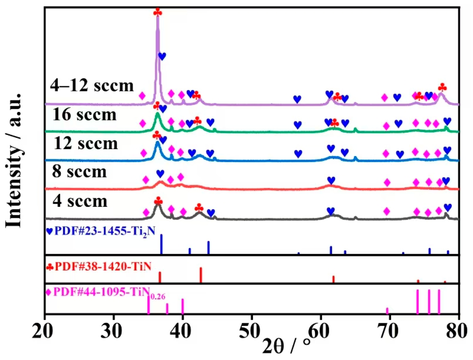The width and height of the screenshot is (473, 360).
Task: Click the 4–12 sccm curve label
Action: pyautogui.click(x=92, y=86)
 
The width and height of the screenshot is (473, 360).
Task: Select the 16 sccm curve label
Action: pyautogui.click(x=84, y=114)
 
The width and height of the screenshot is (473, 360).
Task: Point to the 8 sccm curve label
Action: pyautogui.click(x=79, y=172)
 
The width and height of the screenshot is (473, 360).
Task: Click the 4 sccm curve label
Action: pyautogui.click(x=80, y=201)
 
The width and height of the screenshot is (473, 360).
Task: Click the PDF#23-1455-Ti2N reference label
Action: pyautogui.click(x=101, y=231)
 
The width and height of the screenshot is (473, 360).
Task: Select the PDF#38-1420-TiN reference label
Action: pyautogui.click(x=99, y=266)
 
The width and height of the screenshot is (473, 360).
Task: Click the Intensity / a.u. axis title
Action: pyautogui.click(x=14, y=160)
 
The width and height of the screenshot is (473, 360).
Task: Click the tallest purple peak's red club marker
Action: pyautogui.click(x=158, y=13)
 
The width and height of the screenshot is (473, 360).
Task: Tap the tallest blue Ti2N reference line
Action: pyautogui.click(x=161, y=244)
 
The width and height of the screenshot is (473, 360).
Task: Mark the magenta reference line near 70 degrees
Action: pyautogui.click(x=387, y=311)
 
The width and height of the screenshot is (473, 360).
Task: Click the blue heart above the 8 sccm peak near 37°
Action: pyautogui.click(x=160, y=174)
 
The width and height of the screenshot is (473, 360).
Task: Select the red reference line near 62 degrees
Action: pyautogui.click(x=333, y=279)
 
